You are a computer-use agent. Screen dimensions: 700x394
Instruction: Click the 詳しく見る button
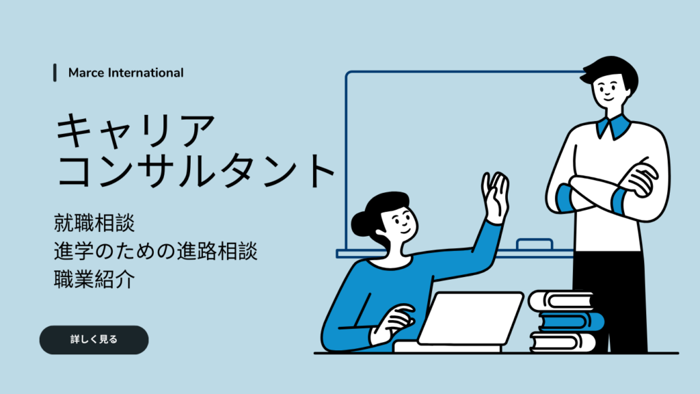(x=94, y=339)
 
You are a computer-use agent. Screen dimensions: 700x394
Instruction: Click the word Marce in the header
(x=86, y=73)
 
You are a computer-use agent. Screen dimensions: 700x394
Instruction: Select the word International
(x=146, y=73)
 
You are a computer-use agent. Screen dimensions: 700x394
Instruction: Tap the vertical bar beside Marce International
(x=55, y=73)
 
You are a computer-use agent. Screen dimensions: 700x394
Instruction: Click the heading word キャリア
(x=135, y=130)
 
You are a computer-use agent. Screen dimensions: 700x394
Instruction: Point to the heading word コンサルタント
(x=196, y=170)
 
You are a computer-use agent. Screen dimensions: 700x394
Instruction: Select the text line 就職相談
(x=94, y=223)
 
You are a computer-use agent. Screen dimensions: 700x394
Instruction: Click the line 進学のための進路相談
(x=155, y=251)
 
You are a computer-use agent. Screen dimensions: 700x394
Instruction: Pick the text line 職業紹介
(x=94, y=279)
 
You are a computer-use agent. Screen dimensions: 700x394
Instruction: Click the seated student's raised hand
(x=496, y=196)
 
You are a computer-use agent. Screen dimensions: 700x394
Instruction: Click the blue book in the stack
(x=571, y=321)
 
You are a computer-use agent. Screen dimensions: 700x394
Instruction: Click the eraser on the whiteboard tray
(x=535, y=244)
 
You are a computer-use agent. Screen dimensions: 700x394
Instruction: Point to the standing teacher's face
(x=609, y=90)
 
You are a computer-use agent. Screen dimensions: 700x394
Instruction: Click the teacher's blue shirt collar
(x=615, y=127)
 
